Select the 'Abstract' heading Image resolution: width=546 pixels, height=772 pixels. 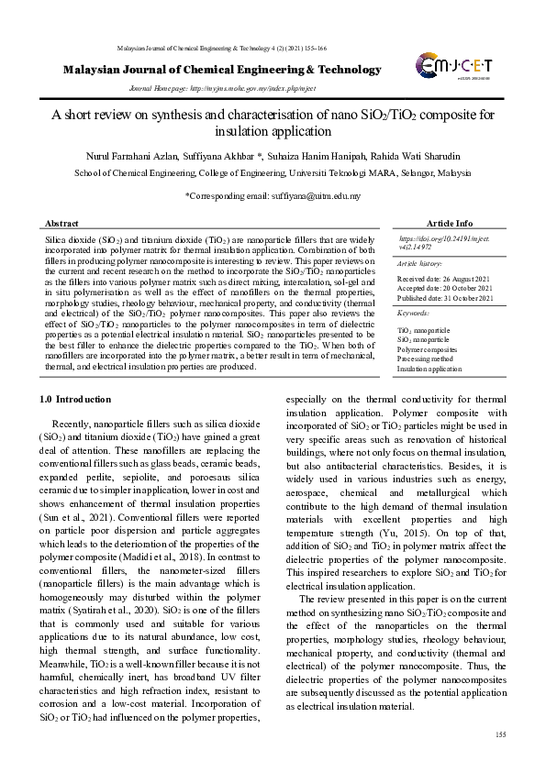[61, 223]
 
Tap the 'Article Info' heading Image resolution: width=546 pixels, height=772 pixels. [449, 223]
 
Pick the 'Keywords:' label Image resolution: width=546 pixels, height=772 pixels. [412, 314]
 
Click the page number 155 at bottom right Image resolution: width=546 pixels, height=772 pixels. [500, 734]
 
